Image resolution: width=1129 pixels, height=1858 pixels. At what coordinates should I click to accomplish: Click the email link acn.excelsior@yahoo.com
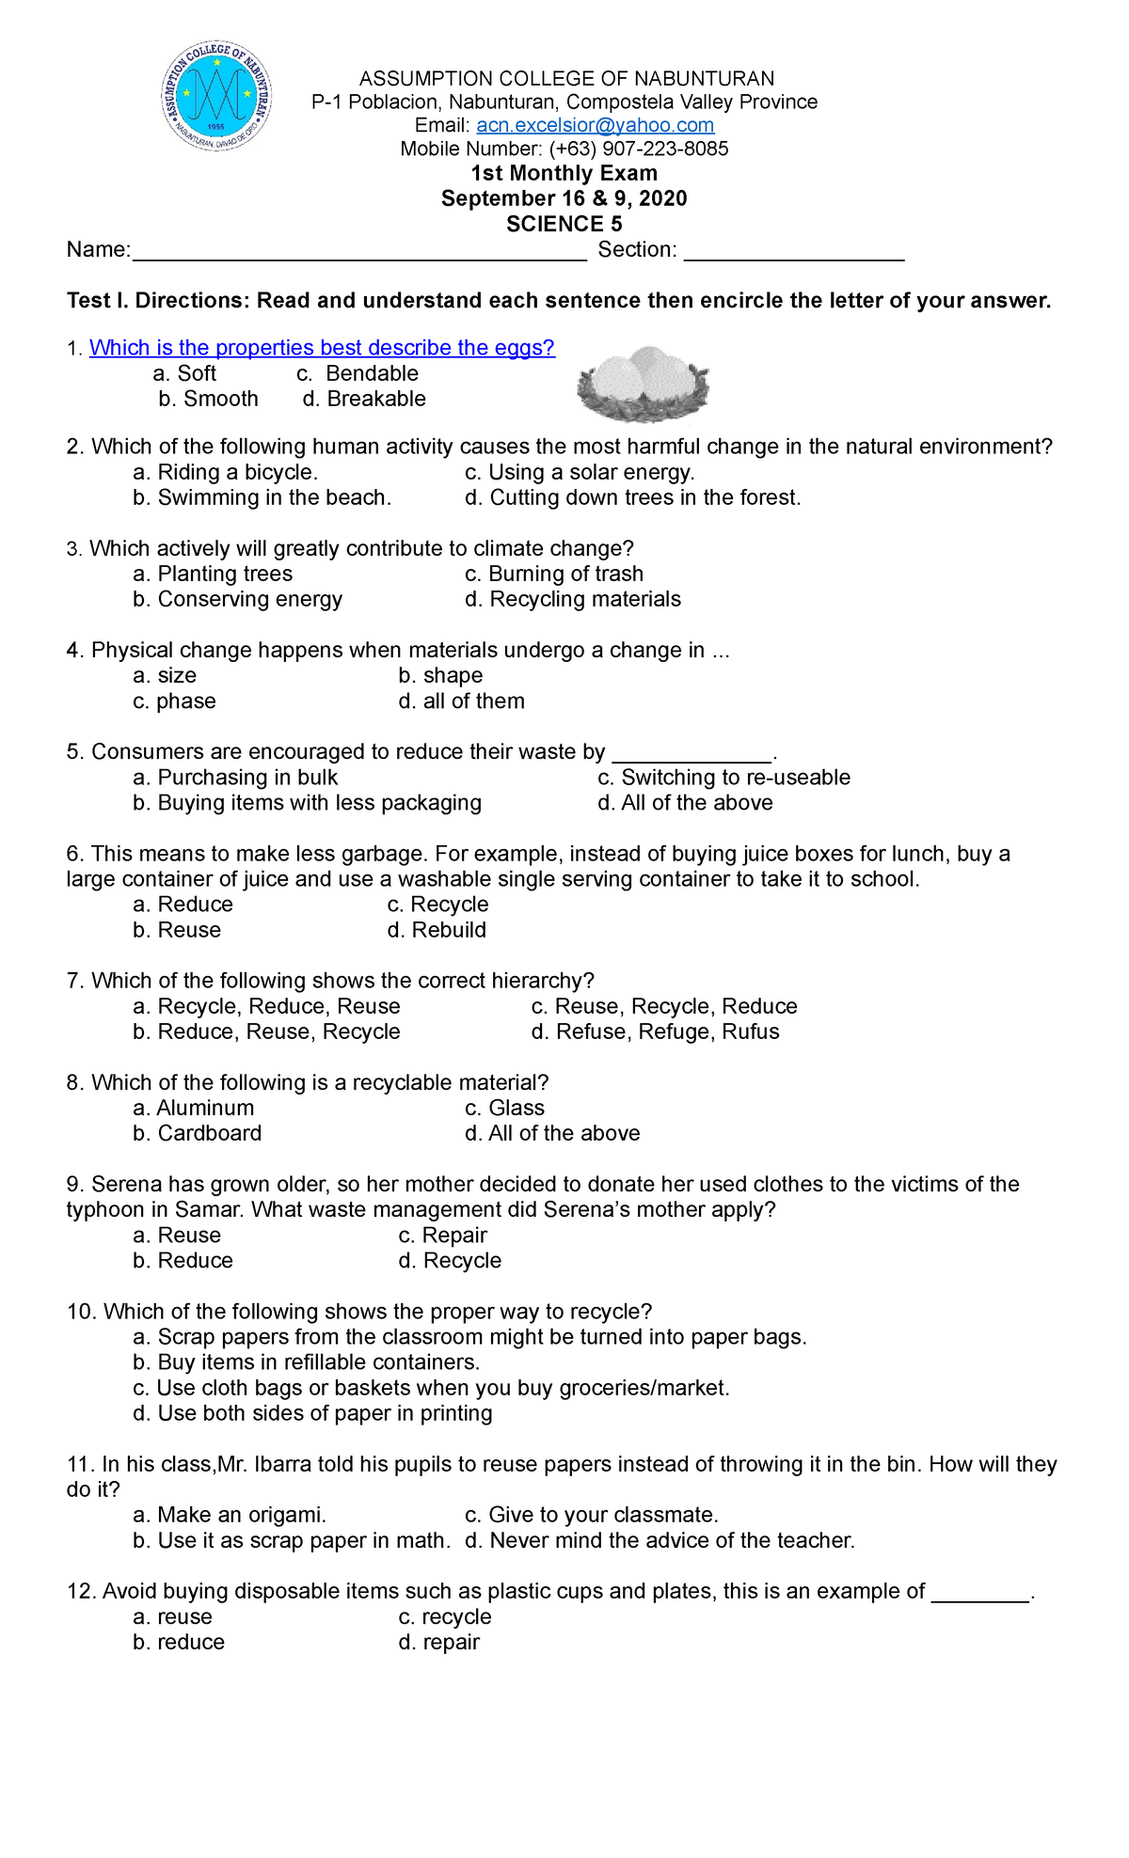(595, 125)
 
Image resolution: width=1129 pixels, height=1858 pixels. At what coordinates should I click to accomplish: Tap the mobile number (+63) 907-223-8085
(639, 149)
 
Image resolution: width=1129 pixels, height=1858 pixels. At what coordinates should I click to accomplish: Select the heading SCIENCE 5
(564, 224)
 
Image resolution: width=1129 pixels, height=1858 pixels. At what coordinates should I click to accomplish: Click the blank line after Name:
(359, 252)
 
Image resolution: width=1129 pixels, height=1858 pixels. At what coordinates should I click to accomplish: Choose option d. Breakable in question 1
(364, 399)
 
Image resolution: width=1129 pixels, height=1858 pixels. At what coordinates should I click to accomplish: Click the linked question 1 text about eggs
(322, 348)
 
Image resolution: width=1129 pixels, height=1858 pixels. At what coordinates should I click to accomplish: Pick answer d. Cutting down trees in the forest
(632, 497)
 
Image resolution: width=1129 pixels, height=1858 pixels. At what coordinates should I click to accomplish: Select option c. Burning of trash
(554, 574)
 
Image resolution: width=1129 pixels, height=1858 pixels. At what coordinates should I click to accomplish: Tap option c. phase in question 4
(175, 701)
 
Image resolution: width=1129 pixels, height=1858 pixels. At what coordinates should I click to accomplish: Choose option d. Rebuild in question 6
(437, 930)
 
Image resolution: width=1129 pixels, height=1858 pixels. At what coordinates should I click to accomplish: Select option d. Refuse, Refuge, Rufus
(655, 1031)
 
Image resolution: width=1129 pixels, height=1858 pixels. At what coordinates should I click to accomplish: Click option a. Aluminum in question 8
(194, 1108)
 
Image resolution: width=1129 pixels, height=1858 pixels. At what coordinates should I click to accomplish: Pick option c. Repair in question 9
(442, 1236)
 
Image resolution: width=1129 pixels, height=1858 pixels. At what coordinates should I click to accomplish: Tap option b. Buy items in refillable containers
(307, 1362)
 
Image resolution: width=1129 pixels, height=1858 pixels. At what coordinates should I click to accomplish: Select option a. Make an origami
(230, 1515)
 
